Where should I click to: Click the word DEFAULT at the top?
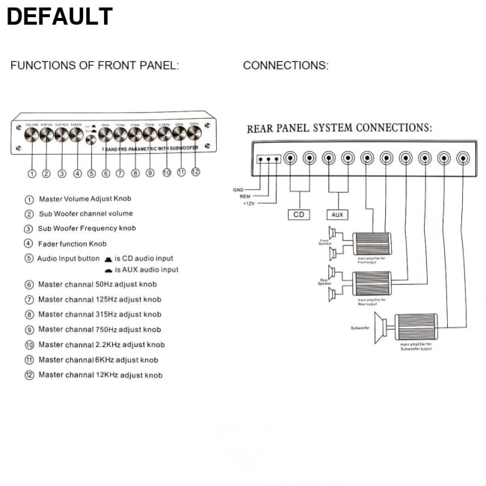tap(59, 16)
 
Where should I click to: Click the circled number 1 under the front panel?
tap(31, 173)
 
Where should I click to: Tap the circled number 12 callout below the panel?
tap(195, 171)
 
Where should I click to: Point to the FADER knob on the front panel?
tap(76, 135)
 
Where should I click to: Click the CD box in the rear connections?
tap(298, 215)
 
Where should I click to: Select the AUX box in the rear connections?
tap(338, 215)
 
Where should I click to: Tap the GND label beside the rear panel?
tap(239, 190)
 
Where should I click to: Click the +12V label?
tap(249, 203)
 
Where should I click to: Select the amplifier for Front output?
tap(372, 244)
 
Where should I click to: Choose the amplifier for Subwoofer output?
tap(415, 327)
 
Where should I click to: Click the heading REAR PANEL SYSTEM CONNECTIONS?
tap(339, 128)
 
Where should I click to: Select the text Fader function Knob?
tap(73, 244)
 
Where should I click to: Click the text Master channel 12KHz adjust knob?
tap(100, 375)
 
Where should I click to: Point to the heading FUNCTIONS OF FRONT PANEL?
tap(94, 66)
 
